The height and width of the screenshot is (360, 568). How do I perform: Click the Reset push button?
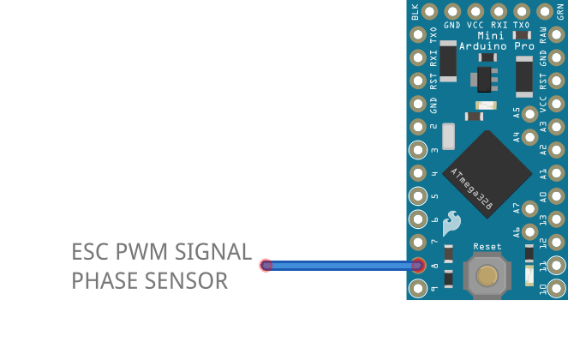[487, 275]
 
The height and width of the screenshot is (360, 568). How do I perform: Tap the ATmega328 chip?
[487, 175]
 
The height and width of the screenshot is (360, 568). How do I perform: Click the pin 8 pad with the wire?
[418, 266]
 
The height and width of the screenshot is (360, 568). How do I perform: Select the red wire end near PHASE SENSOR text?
[266, 266]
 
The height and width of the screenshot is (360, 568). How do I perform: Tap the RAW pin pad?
[556, 35]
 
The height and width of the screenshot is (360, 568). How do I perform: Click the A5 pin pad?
[531, 113]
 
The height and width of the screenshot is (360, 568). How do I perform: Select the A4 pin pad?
[531, 136]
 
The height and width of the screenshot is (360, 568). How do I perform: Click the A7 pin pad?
[531, 207]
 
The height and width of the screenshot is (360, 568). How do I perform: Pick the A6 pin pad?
[531, 231]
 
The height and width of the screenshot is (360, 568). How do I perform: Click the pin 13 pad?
[556, 219]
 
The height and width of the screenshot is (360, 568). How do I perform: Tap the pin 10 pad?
[556, 289]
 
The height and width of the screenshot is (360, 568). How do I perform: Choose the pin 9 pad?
[418, 289]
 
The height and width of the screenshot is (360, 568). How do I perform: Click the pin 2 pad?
[418, 127]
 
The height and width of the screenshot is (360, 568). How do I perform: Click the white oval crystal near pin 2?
[449, 135]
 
